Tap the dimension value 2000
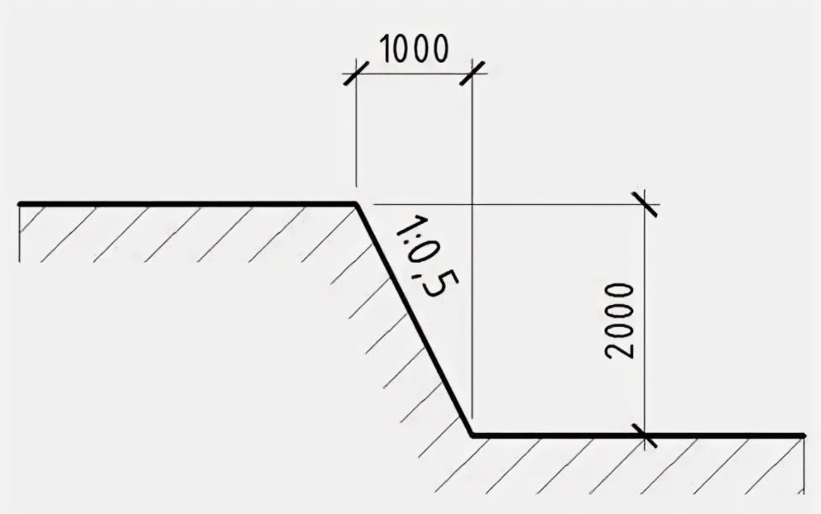621,319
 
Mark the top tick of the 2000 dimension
645,204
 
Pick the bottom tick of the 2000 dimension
645,435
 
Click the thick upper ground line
185,204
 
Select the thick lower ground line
636,435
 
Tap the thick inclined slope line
414,319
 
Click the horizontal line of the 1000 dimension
414,71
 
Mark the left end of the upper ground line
21,204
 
